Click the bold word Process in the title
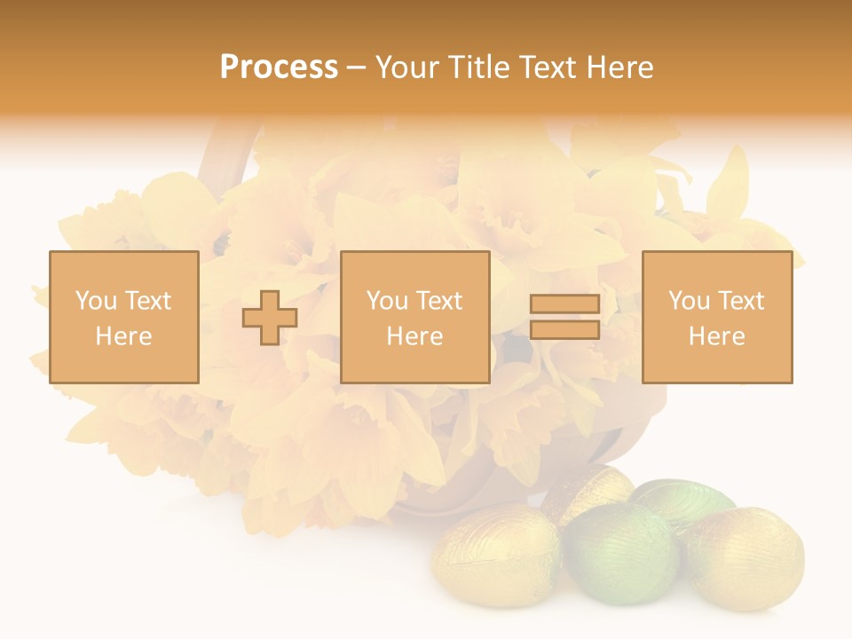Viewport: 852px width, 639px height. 279,67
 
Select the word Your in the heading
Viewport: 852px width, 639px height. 407,67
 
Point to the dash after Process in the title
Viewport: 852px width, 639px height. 356,68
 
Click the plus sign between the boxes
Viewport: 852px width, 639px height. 270,318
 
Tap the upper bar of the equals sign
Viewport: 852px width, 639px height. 564,304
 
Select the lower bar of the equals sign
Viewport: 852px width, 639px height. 564,329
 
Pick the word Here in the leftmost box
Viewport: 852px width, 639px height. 123,336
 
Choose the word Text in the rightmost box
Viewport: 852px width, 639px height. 740,301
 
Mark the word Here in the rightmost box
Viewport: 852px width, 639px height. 716,336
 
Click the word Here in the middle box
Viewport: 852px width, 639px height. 414,336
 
